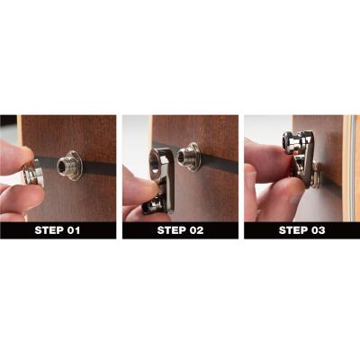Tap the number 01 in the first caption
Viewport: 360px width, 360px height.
pyautogui.click(x=73, y=230)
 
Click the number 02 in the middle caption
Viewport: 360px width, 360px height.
pyautogui.click(x=195, y=230)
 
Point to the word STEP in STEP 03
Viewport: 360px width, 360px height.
pyautogui.click(x=292, y=230)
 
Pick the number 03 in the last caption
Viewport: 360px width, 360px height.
pyautogui.click(x=318, y=230)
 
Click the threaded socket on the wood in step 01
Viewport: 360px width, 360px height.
pyautogui.click(x=69, y=165)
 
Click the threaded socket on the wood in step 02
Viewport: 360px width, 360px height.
pyautogui.click(x=188, y=157)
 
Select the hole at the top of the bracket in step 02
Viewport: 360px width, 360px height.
pyautogui.click(x=155, y=162)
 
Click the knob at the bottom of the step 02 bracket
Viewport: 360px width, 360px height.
pyautogui.click(x=153, y=206)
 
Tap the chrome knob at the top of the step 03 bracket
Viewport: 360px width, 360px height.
pyautogui.click(x=292, y=142)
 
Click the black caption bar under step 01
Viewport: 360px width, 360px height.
pyautogui.click(x=58, y=230)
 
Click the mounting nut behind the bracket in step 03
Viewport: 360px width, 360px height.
pyautogui.click(x=316, y=175)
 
